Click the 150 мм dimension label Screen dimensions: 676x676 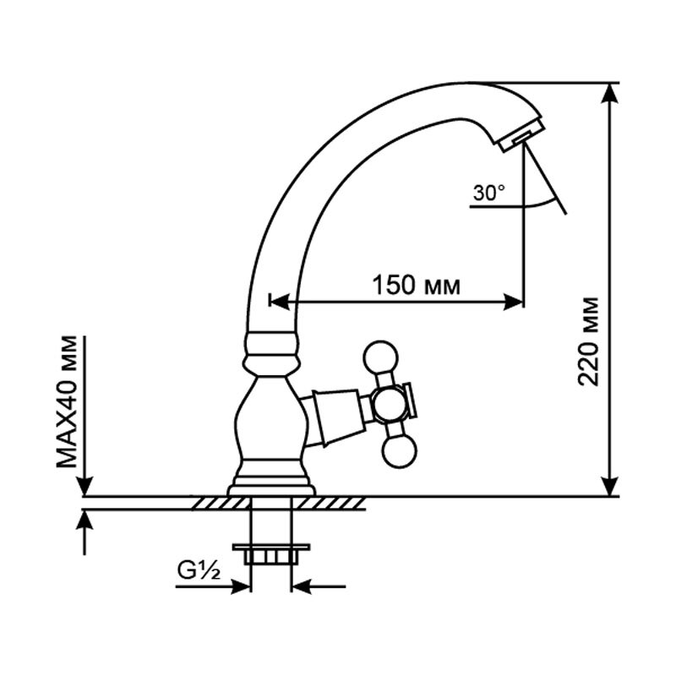pos(417,286)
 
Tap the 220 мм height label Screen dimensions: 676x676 pos(588,341)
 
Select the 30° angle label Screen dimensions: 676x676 pos(489,193)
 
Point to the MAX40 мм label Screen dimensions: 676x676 pos(67,401)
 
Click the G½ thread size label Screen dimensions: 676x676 pos(199,571)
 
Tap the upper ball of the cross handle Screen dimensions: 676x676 pos(380,357)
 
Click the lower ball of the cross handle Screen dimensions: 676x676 pos(400,452)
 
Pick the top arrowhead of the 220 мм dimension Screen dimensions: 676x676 pos(610,93)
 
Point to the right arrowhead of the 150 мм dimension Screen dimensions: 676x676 pos(514,302)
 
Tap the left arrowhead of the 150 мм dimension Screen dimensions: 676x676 pos(280,302)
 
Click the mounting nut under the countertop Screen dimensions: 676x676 pos(271,554)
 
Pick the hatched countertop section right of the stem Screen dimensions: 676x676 pos(329,503)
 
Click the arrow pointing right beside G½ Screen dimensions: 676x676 pos(213,586)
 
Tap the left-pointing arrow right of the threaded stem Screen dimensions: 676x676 pos(319,586)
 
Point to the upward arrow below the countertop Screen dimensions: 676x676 pos(86,532)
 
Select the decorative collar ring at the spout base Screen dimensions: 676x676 pos(272,343)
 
